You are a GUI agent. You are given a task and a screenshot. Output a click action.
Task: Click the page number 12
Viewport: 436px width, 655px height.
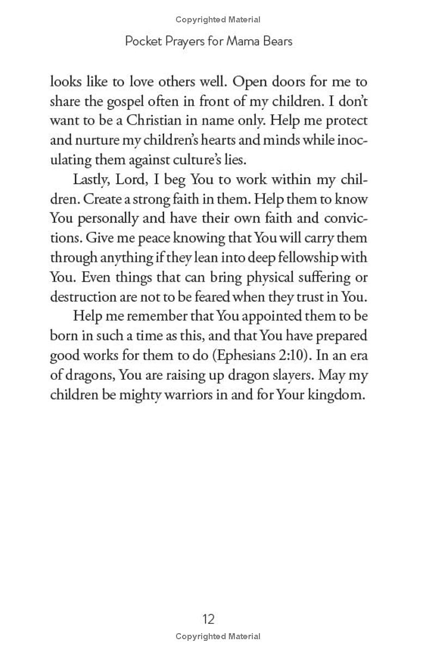[x=209, y=619]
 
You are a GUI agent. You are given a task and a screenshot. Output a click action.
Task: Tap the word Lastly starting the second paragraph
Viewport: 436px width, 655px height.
[x=93, y=180]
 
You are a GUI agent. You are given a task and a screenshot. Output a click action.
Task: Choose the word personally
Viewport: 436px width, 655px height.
[x=106, y=218]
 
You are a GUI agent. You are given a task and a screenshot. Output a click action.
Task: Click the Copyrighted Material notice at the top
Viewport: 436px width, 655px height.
[x=218, y=20]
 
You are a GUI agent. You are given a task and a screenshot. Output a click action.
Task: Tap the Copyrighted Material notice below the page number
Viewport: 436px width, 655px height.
[x=218, y=636]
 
